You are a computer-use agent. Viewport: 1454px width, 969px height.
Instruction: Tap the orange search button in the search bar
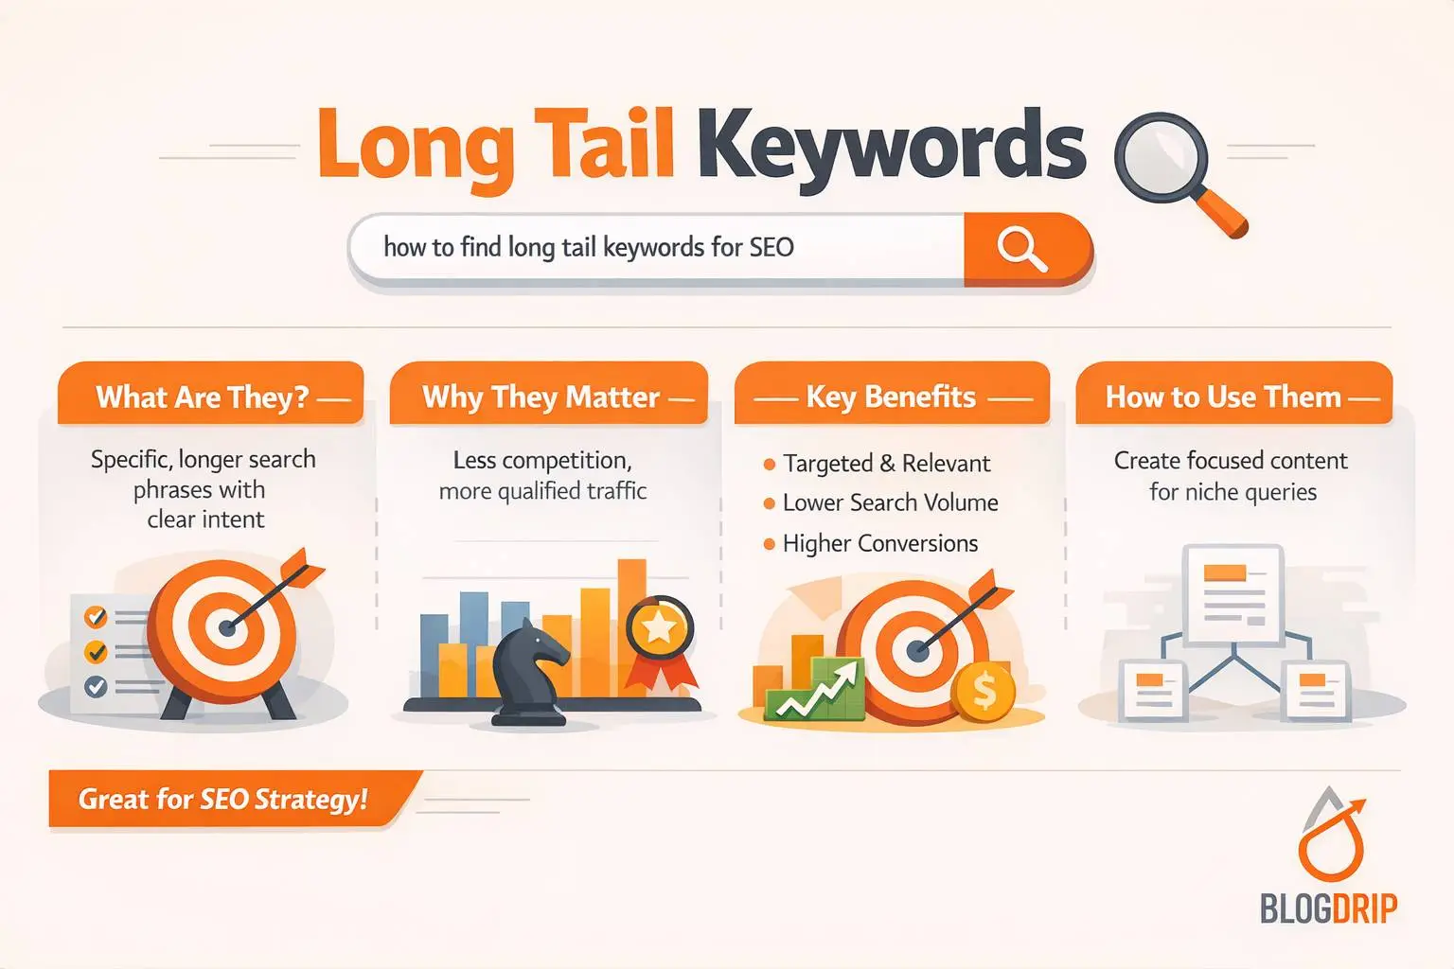[1023, 249]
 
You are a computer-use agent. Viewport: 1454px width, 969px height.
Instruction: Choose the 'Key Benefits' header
[891, 396]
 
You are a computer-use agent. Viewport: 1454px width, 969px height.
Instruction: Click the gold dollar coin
[984, 692]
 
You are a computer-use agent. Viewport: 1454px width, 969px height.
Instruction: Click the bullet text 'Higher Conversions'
[880, 544]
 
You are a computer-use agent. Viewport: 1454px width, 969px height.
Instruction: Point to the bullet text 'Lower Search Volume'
[890, 503]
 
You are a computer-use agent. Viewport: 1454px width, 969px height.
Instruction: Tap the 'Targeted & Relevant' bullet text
[886, 464]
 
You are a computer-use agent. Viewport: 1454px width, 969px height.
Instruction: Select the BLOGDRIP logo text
[1328, 909]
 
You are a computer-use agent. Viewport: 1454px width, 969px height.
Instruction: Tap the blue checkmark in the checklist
[96, 686]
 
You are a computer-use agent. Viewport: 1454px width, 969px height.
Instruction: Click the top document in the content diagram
[1232, 593]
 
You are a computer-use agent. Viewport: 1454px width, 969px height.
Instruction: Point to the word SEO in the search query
[771, 248]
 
